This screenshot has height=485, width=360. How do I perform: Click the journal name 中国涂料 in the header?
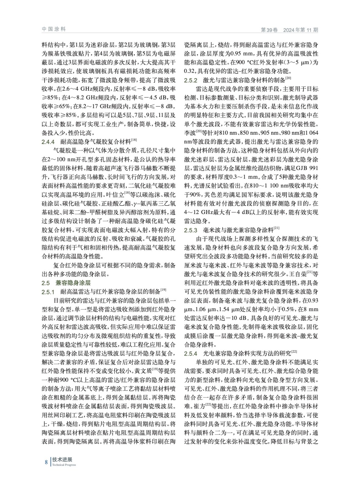tap(54, 29)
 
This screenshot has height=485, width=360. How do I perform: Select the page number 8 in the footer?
tap(46, 462)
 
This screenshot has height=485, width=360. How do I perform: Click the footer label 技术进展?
tap(60, 460)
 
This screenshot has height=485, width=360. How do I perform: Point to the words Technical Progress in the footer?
tap(64, 465)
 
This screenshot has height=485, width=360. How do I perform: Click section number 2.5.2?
tap(191, 80)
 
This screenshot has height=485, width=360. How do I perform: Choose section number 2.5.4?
tap(191, 353)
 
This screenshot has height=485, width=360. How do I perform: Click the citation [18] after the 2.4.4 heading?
tap(134, 140)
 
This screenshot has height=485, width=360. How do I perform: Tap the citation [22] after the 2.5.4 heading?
tap(294, 352)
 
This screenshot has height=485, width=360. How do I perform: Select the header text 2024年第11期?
tap(301, 30)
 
